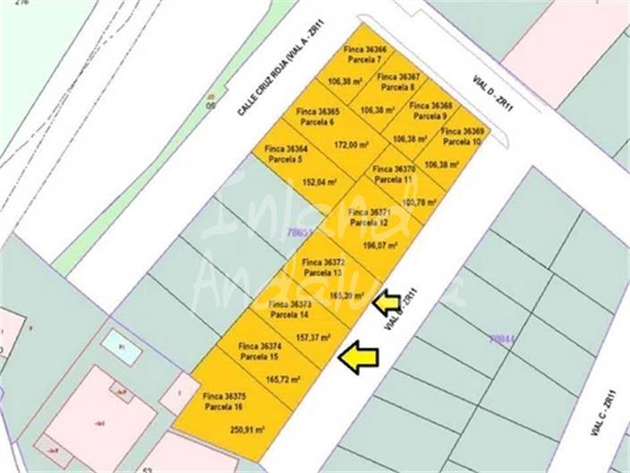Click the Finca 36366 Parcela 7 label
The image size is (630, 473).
(364, 54)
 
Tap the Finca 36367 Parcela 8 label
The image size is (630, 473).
(399, 82)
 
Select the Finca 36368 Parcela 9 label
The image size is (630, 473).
(430, 110)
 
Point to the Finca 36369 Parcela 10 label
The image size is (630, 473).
(463, 136)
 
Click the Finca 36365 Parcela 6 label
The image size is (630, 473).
(317, 116)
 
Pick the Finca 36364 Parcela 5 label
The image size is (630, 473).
(286, 153)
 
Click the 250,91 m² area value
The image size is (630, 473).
(248, 430)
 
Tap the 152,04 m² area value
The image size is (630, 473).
(319, 181)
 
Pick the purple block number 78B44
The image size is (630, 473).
(502, 339)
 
